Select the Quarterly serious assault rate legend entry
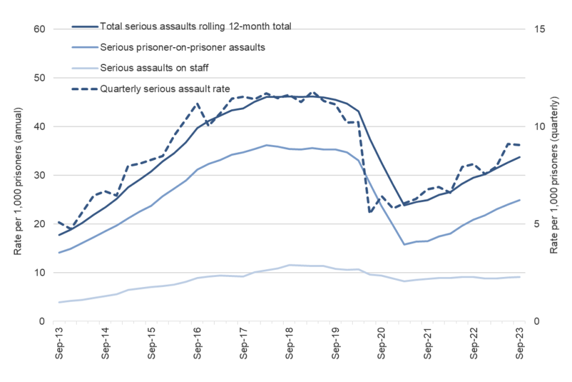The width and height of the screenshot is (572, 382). (x=165, y=89)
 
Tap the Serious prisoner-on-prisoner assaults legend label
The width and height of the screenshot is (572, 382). (x=182, y=47)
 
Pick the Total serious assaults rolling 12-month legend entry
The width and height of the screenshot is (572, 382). (x=196, y=26)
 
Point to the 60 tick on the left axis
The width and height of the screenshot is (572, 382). (x=40, y=29)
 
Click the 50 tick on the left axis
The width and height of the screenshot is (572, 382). (x=40, y=78)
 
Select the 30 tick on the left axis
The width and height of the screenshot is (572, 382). (x=40, y=175)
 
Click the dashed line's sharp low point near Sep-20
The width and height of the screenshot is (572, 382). (x=370, y=212)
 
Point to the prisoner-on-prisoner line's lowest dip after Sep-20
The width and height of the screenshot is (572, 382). (x=405, y=245)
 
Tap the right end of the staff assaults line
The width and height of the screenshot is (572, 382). (x=520, y=276)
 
